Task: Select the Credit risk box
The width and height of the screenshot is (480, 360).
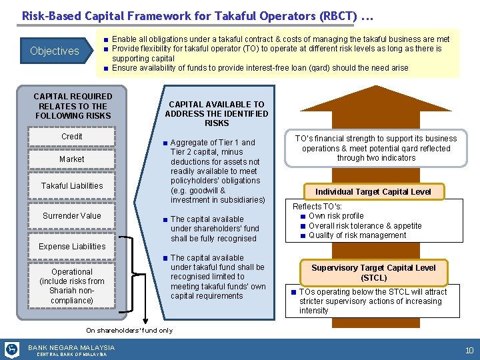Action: (72, 137)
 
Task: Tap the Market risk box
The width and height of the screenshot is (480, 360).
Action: (72, 159)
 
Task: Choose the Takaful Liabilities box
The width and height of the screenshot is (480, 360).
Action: (72, 186)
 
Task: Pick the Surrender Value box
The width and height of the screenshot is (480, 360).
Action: (72, 216)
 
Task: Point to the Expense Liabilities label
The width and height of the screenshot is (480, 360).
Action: (72, 247)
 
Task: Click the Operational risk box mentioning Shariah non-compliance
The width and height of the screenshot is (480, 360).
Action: (72, 286)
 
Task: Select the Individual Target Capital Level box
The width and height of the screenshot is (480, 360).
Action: (373, 192)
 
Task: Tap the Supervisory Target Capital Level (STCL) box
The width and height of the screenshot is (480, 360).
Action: (373, 272)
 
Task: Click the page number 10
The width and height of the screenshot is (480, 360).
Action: (469, 350)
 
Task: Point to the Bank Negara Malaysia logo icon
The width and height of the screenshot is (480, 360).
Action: (12, 349)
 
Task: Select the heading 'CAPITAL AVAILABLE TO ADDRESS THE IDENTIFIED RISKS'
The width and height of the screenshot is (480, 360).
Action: (217, 113)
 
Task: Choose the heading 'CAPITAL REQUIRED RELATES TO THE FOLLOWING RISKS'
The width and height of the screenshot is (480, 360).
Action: (73, 106)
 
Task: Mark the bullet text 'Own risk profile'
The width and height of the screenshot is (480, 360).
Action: (336, 216)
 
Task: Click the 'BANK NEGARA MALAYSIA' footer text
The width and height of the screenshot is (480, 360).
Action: (71, 347)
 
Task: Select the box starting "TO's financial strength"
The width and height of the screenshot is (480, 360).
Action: (375, 149)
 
